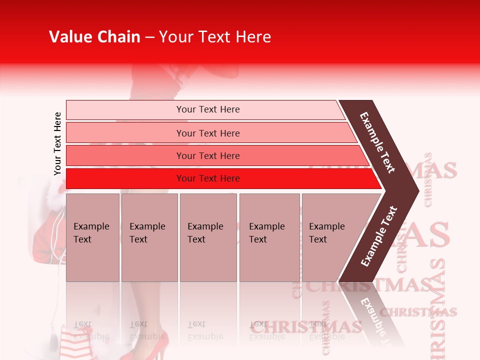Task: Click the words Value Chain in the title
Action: click(94, 37)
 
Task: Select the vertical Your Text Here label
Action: click(57, 143)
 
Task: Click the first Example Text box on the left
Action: click(92, 237)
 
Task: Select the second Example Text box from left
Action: click(149, 237)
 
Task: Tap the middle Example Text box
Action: click(208, 237)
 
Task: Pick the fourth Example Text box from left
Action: click(269, 237)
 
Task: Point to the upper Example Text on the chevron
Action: click(377, 142)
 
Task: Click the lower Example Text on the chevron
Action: click(378, 236)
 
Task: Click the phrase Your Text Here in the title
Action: click(215, 37)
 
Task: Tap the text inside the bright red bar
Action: click(208, 178)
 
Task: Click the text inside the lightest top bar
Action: click(208, 109)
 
